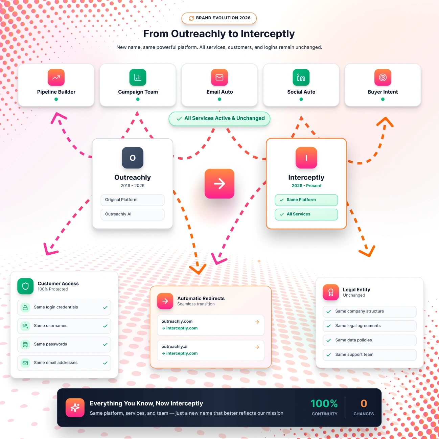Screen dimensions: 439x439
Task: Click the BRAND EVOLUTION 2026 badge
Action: [x=219, y=18]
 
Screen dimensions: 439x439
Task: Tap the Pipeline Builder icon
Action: [x=56, y=77]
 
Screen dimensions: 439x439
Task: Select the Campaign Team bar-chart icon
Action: [x=138, y=77]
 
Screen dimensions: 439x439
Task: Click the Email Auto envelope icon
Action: [x=220, y=77]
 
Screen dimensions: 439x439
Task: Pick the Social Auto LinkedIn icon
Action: [x=301, y=77]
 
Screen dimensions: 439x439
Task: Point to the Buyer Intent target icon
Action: [x=383, y=77]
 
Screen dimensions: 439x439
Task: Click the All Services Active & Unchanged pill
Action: [x=220, y=118]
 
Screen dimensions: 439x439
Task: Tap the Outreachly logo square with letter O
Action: [x=133, y=158]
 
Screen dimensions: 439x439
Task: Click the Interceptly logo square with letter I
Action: [x=306, y=158]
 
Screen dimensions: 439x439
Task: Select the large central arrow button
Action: [x=220, y=184]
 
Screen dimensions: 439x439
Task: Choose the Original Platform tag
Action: [x=133, y=200]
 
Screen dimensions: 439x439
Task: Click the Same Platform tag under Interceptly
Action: [x=306, y=200]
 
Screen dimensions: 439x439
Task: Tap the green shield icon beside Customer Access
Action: [x=25, y=286]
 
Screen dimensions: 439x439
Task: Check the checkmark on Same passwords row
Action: [x=105, y=344]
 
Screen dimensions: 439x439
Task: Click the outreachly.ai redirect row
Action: [x=210, y=350]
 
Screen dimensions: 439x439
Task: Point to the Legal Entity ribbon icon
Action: [x=331, y=292]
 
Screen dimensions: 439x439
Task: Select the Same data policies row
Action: [x=369, y=340]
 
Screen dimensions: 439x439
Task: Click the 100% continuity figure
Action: [x=324, y=403]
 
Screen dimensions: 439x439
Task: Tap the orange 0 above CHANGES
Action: [x=364, y=403]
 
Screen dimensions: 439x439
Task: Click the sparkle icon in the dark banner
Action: [x=75, y=408]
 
